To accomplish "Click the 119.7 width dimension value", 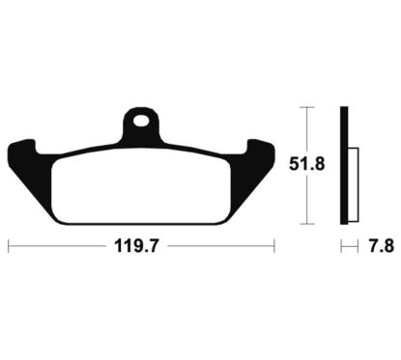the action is pos(136,247).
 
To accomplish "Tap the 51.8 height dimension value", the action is pos(306,164).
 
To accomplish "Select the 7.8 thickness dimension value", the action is pos(382,247).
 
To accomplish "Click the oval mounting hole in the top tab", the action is pos(142,121).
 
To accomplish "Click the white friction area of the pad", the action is pos(141,186).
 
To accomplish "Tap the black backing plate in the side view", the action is pos(344,165).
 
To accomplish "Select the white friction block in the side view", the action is pos(354,185).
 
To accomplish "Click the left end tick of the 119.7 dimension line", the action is pos(9,246).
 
